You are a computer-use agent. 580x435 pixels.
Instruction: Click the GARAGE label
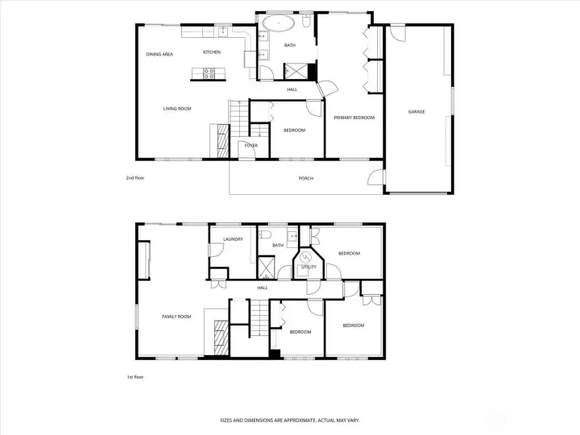[x=416, y=111]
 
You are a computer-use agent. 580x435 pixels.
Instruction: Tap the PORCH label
[x=306, y=178]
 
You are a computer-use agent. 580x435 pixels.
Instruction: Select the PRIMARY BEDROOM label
[x=354, y=118]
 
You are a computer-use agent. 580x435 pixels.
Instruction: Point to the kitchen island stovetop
[x=209, y=73]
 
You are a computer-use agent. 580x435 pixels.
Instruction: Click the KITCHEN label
[x=212, y=52]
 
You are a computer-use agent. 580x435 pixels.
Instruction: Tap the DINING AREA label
[x=159, y=54]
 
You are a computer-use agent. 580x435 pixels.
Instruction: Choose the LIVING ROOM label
[x=177, y=109]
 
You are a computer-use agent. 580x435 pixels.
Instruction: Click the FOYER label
[x=251, y=145]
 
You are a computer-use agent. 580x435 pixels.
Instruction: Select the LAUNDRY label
[x=233, y=239]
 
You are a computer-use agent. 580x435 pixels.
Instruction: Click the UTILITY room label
[x=309, y=267]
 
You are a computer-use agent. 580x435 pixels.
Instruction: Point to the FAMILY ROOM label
[x=176, y=317]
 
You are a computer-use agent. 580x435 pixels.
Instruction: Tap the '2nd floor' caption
[x=135, y=178]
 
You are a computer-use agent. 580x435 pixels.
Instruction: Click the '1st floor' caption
[x=135, y=377]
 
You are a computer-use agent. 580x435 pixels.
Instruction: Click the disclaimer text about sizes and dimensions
[x=290, y=420]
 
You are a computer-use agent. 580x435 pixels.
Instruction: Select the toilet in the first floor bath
[x=265, y=234]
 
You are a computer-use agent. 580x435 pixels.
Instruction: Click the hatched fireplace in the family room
[x=222, y=338]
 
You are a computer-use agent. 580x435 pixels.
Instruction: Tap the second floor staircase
[x=239, y=118]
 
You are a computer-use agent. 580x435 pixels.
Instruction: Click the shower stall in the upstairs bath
[x=295, y=71]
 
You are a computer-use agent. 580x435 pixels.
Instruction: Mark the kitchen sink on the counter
[x=223, y=31]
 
